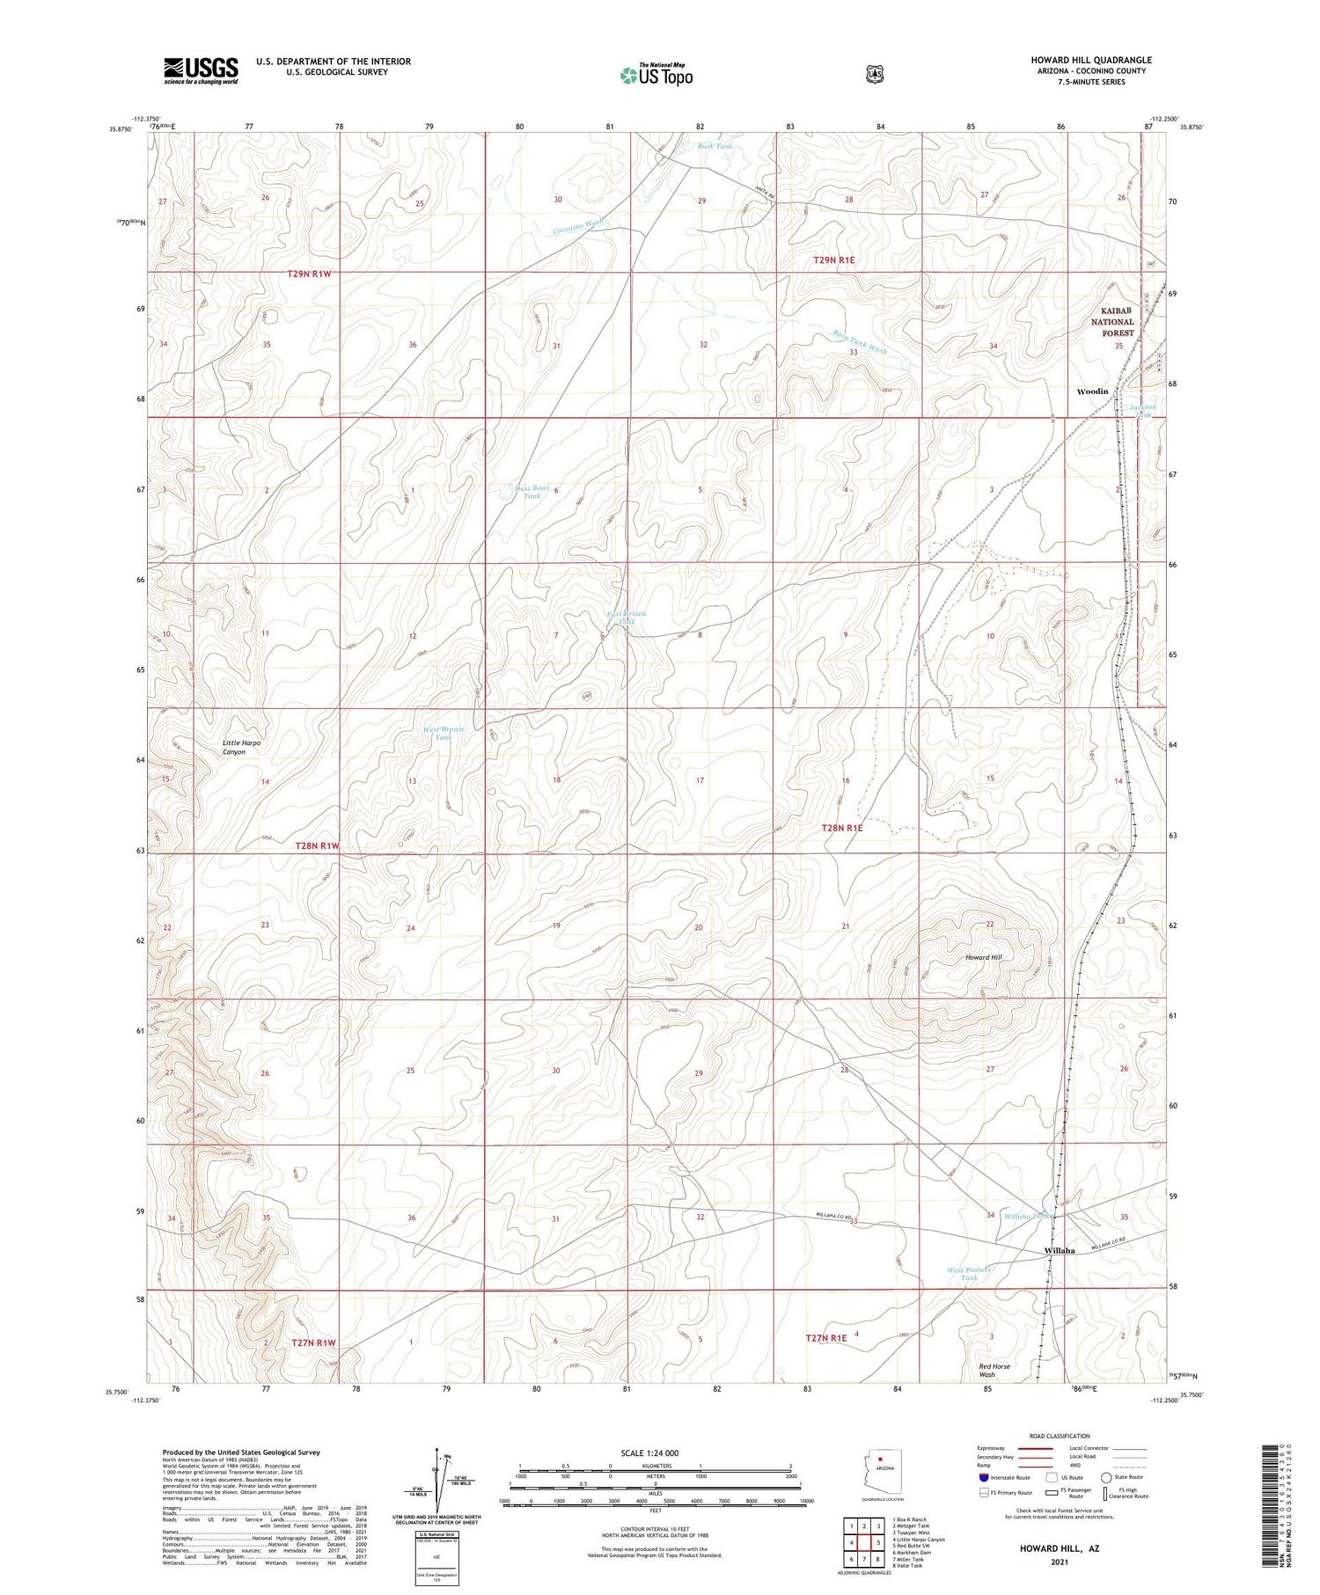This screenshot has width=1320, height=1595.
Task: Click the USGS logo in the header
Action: (201, 71)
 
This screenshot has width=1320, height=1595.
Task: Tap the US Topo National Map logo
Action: (656, 75)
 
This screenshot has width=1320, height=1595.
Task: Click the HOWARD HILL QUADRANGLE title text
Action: (1090, 60)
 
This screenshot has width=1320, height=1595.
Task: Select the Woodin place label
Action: (1092, 391)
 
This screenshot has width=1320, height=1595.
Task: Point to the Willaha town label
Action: (1060, 1250)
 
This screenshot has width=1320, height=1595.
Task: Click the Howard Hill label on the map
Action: (983, 956)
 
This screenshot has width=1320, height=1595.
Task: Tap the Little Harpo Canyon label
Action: (241, 747)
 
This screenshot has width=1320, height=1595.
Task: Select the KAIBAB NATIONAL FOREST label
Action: (1112, 322)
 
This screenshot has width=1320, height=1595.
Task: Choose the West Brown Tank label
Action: (443, 733)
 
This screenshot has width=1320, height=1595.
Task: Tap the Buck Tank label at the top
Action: (715, 146)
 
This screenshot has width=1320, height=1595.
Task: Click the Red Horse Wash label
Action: (994, 1370)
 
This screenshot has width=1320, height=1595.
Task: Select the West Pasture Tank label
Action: (969, 1273)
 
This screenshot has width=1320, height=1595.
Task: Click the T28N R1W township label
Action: (317, 845)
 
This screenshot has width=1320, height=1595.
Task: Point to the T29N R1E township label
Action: (833, 260)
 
